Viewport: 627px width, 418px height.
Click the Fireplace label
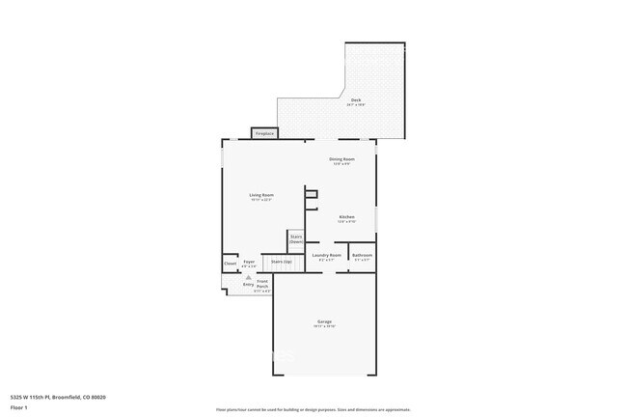[264, 133]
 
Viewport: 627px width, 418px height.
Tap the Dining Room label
[342, 159]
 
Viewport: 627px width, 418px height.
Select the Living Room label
[261, 195]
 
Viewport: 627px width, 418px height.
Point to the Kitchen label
[346, 217]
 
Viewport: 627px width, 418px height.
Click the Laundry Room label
[328, 255]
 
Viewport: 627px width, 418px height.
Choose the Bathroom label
[363, 255]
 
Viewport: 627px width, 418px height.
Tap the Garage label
[324, 321]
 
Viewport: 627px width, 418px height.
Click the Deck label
[356, 99]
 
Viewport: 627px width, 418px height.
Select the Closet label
[231, 263]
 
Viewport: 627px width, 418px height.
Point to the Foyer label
[249, 262]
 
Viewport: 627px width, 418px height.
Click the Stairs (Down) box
[296, 238]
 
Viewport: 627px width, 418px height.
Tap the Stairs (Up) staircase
[282, 262]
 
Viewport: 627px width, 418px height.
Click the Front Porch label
[261, 281]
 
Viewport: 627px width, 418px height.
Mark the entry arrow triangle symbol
[248, 277]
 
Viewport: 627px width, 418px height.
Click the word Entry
[248, 285]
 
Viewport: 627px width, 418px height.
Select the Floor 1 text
[20, 406]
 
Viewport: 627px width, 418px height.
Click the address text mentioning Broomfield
[58, 397]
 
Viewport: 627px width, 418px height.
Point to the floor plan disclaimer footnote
[313, 409]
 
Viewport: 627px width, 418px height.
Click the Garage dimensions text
[324, 327]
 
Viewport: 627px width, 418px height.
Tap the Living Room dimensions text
[261, 200]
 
